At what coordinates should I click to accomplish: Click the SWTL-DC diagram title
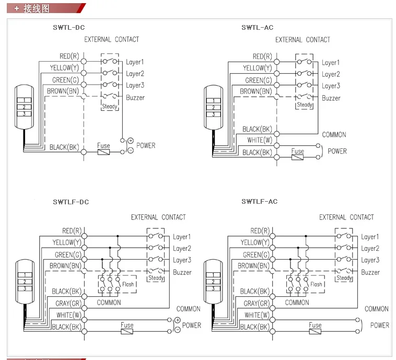(68, 27)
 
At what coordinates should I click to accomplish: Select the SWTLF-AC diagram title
(259, 201)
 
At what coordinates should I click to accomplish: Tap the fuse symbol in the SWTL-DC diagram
(103, 152)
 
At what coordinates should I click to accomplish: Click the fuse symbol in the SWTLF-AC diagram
(315, 331)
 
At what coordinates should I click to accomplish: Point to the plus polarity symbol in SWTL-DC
(130, 141)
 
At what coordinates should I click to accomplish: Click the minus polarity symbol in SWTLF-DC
(178, 330)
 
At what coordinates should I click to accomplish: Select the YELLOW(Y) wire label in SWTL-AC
(258, 68)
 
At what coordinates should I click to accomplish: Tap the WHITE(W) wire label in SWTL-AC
(260, 140)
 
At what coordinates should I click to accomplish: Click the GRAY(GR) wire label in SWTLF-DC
(68, 303)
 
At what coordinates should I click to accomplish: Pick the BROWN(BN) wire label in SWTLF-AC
(253, 266)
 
